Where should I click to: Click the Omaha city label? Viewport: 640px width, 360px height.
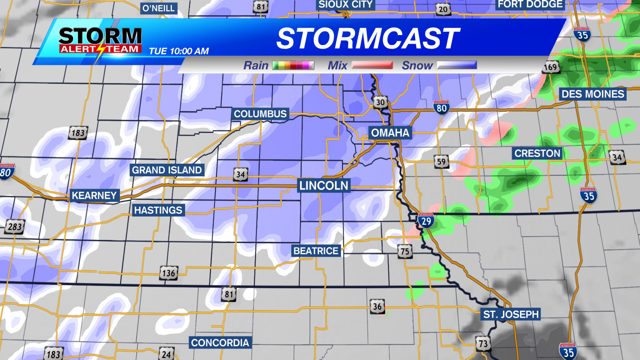[x=390, y=133]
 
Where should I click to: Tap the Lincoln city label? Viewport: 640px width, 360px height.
[x=324, y=185]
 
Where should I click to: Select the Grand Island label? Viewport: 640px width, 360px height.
[x=167, y=170]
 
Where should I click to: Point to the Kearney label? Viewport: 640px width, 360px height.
[x=94, y=195]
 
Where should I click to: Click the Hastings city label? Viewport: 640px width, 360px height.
[x=158, y=210]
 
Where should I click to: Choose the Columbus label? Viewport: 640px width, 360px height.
[x=260, y=114]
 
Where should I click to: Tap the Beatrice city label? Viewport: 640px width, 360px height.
[x=316, y=251]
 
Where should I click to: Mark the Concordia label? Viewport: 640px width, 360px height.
[x=220, y=343]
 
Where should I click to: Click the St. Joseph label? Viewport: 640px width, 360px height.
[x=511, y=314]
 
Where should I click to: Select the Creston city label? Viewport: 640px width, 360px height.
[x=537, y=153]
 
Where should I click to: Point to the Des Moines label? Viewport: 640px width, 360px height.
[x=593, y=94]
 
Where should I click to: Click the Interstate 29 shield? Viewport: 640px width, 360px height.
[x=426, y=220]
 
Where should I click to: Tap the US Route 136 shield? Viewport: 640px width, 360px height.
[x=168, y=273]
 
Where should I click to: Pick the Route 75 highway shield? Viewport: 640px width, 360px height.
[x=405, y=251]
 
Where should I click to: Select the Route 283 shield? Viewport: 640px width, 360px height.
[x=15, y=227]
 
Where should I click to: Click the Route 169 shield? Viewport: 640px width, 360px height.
[x=550, y=67]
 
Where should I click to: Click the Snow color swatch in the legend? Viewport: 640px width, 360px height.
[x=456, y=65]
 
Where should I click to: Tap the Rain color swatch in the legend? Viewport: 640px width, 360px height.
[x=293, y=65]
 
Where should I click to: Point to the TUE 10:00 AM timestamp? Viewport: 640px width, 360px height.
[x=179, y=51]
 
